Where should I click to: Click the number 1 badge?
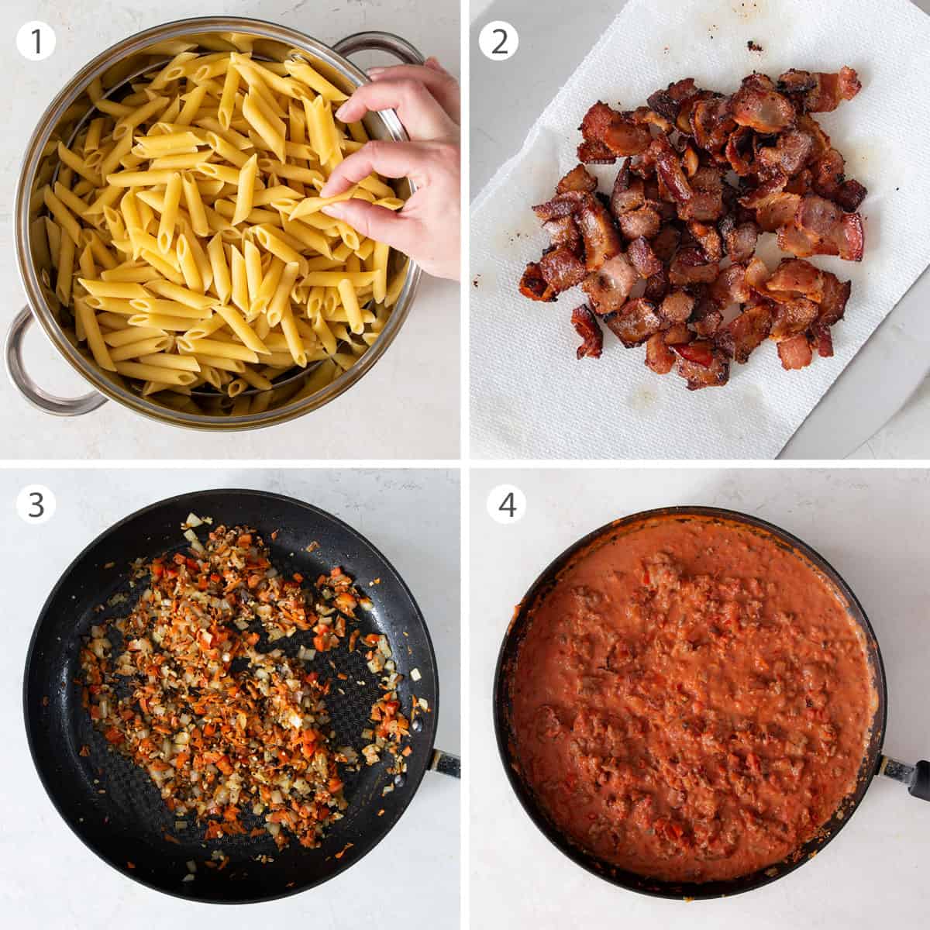(x=36, y=40)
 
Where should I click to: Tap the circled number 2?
(x=498, y=40)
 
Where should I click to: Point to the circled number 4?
(x=506, y=505)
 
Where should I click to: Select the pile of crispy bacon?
(x=697, y=225)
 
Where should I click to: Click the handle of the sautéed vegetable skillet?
(x=445, y=763)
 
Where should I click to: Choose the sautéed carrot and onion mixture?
(x=232, y=682)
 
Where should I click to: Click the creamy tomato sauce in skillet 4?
(x=690, y=697)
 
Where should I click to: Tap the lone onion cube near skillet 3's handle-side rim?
(x=415, y=675)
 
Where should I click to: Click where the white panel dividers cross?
(x=465, y=463)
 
